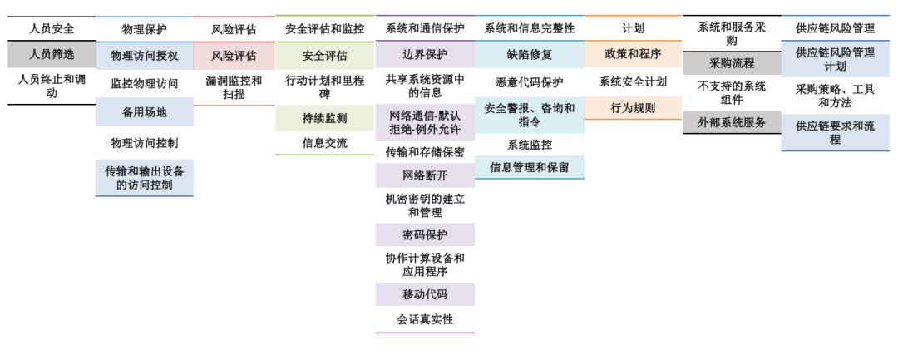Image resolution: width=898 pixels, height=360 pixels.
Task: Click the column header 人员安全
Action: click(52, 28)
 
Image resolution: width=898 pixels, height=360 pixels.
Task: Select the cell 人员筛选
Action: click(52, 54)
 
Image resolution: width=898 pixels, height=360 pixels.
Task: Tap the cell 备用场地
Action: click(144, 111)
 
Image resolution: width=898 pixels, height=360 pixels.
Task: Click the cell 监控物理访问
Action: click(144, 83)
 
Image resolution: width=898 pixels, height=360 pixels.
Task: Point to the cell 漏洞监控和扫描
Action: click(234, 87)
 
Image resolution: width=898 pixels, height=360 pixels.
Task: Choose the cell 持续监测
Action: click(324, 118)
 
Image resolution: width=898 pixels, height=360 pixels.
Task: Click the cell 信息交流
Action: click(324, 143)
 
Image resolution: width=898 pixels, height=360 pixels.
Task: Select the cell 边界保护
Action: click(425, 55)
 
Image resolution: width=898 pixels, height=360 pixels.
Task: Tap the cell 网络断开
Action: click(425, 175)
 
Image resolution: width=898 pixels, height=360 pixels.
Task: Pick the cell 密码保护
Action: click(425, 235)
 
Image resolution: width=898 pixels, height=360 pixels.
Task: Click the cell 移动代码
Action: click(425, 294)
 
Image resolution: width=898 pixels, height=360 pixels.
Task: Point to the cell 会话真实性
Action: click(425, 319)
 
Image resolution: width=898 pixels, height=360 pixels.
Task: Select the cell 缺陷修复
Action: click(529, 55)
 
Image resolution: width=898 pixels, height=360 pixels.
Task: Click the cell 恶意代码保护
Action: click(529, 82)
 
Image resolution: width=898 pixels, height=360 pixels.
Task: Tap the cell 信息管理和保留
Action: click(529, 167)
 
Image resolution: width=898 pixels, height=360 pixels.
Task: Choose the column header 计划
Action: click(633, 28)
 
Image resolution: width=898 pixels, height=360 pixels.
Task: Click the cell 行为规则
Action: click(633, 108)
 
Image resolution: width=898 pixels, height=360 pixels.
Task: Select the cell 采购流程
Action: click(732, 63)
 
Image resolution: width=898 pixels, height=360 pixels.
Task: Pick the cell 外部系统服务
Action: click(732, 122)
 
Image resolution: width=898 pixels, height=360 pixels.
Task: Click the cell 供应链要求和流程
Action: click(835, 133)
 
